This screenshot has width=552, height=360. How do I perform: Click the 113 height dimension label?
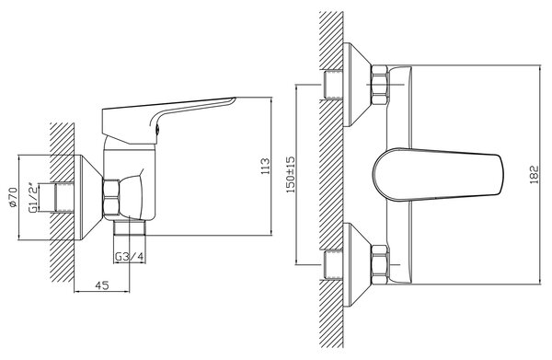(266, 166)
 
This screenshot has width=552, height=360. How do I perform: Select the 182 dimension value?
(534, 174)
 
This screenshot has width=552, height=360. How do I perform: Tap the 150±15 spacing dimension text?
(291, 174)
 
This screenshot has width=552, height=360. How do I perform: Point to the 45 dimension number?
(102, 285)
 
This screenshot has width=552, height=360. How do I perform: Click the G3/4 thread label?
(130, 257)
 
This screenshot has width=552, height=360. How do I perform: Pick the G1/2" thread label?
(33, 198)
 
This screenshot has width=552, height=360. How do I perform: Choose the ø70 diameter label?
(13, 197)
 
